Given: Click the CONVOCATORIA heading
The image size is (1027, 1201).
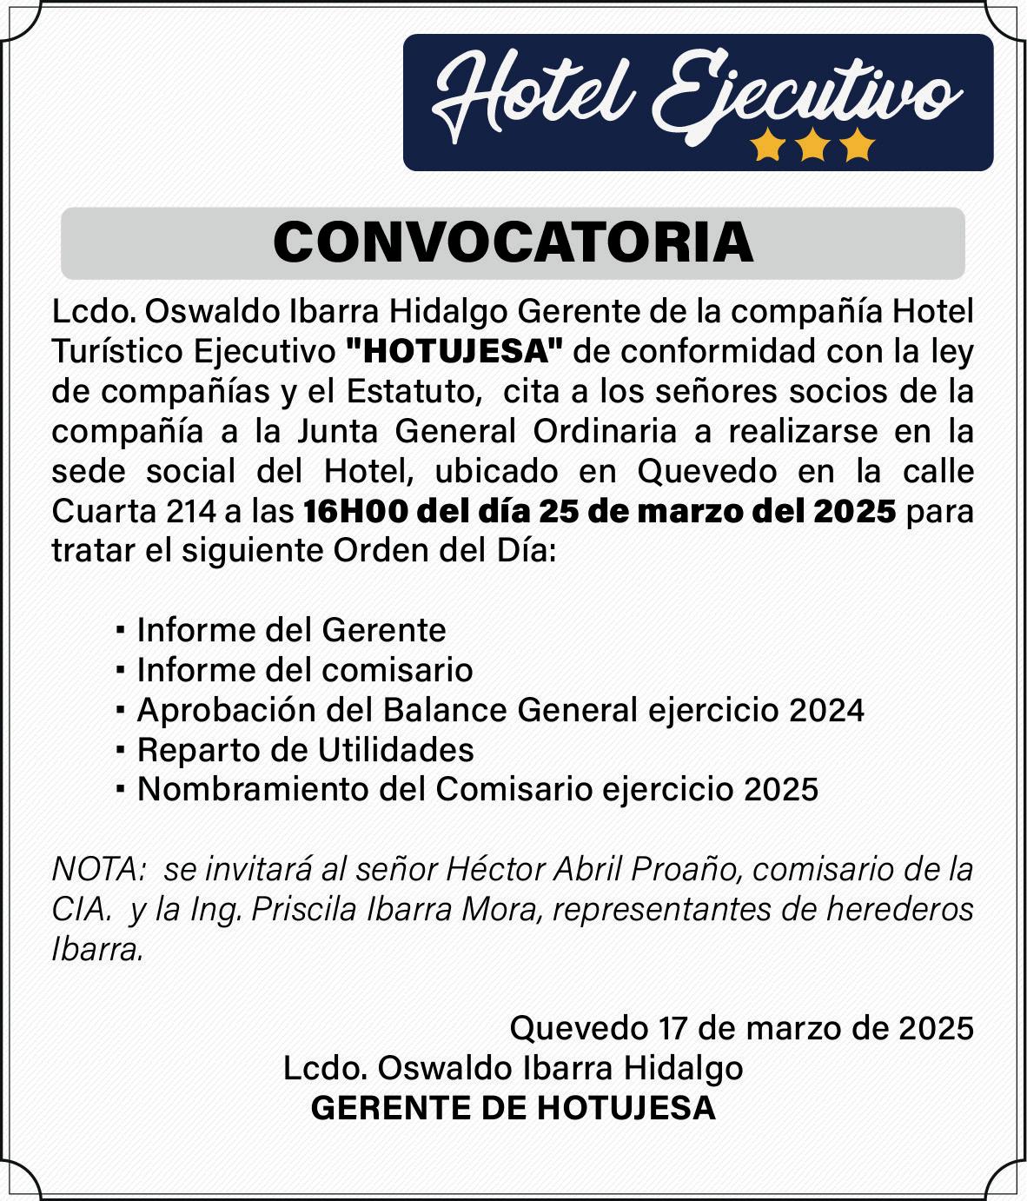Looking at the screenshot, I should pyautogui.click(x=513, y=242).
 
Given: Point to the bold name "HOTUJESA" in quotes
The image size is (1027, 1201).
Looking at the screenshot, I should pyautogui.click(x=454, y=352).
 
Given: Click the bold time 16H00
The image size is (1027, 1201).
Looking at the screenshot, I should pyautogui.click(x=355, y=511).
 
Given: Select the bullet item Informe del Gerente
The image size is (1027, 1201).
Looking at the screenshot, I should pyautogui.click(x=291, y=629).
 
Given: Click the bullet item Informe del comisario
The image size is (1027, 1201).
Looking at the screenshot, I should pyautogui.click(x=305, y=669).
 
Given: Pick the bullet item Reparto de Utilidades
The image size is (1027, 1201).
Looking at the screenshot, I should pyautogui.click(x=305, y=749).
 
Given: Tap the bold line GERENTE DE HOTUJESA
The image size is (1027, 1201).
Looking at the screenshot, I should pyautogui.click(x=513, y=1108).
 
